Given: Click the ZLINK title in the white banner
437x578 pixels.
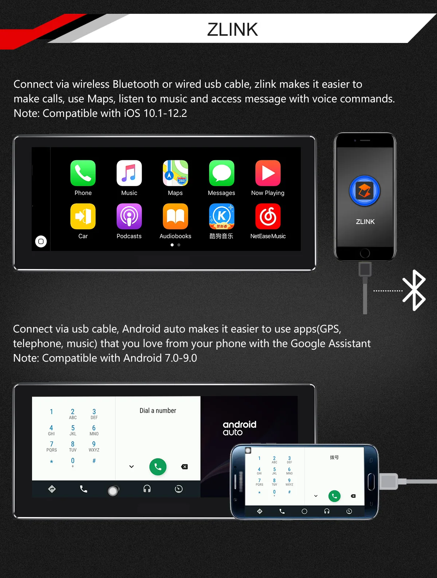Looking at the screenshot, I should coord(232,30).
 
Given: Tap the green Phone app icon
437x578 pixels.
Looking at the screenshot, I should coord(83,173).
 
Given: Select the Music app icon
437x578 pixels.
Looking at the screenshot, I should coord(129,173).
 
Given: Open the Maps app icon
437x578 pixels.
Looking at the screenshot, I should coord(175,173).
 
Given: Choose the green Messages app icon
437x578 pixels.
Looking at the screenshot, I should coord(221,173).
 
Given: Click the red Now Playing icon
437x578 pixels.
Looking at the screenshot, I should coord(268,173).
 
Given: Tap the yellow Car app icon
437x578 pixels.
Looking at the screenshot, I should coord(83,216).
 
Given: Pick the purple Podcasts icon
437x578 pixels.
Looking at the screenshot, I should coord(129,216).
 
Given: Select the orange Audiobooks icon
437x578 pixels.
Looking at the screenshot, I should coord(175,216).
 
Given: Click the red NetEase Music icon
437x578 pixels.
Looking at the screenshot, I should coord(268,216).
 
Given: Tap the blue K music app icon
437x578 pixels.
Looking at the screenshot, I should coord(221,216).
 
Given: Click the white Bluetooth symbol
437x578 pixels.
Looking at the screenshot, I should coord(414,290).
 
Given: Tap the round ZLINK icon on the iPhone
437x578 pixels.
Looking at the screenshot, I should coord(365,191).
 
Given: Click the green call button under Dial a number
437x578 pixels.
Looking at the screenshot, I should coord(158,467).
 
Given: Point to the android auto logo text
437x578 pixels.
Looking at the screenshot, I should coord(239,428).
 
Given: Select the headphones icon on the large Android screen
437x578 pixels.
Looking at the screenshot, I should coord(147,489).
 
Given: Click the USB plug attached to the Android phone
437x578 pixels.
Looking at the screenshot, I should coord(389,481).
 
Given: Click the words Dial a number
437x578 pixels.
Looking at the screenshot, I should coord(158,410).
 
